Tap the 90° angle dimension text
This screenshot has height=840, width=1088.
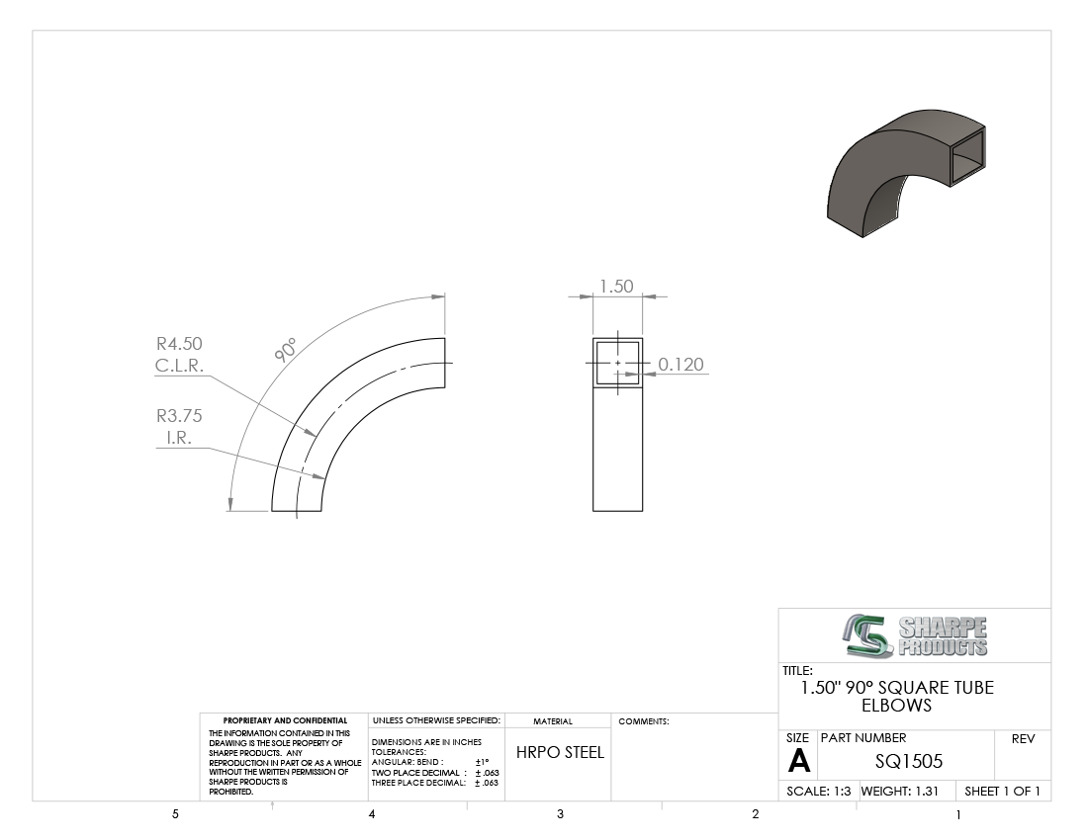click(285, 350)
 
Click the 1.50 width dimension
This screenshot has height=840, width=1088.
click(616, 287)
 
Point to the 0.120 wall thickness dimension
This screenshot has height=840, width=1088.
click(680, 365)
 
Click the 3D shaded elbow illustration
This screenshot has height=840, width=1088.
click(905, 173)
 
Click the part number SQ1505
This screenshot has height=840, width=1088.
click(909, 762)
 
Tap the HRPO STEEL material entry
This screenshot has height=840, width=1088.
click(560, 752)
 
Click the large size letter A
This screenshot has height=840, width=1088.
click(799, 762)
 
